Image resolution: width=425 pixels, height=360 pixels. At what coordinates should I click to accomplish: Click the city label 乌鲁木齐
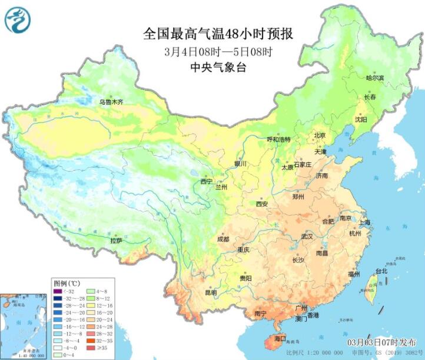tap(111, 102)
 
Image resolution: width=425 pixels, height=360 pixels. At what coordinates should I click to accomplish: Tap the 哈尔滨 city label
tap(374, 78)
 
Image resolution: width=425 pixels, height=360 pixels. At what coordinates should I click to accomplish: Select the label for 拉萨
tap(116, 241)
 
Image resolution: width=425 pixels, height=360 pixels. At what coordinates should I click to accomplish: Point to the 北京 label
tap(320, 135)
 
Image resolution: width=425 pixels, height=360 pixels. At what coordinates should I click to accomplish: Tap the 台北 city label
tap(381, 271)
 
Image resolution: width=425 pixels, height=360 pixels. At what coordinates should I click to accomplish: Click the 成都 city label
tap(223, 239)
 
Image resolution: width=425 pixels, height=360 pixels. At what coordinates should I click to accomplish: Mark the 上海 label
tap(365, 222)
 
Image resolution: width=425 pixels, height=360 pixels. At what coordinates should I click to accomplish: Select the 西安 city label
tap(262, 204)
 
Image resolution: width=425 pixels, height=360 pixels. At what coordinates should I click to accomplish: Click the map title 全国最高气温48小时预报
tap(218, 34)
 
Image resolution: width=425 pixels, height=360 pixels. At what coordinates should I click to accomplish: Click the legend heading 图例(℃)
tap(65, 282)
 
